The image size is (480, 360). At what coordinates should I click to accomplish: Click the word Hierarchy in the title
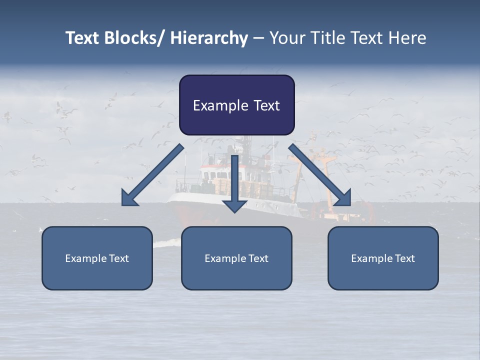click(x=209, y=38)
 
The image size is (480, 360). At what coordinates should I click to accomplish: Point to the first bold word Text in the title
click(x=82, y=38)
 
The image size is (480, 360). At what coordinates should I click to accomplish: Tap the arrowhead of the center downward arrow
click(x=234, y=205)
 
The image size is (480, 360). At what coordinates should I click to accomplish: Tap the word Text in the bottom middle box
click(x=258, y=258)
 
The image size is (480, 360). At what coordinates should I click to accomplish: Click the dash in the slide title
click(x=258, y=38)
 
